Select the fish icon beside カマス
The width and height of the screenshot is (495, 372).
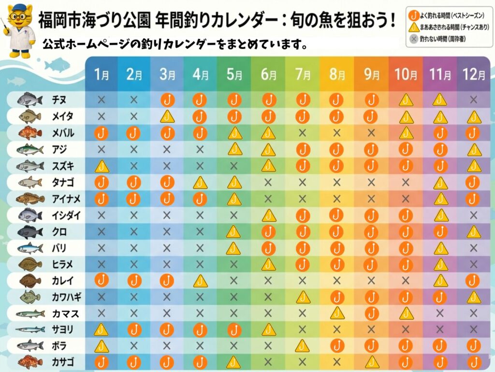pos(30,313)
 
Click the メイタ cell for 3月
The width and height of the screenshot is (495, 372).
pos(167,117)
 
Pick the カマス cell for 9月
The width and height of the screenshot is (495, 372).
pos(371,313)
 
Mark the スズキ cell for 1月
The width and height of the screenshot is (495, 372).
pos(102,166)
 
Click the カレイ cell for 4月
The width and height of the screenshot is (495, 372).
pos(200,280)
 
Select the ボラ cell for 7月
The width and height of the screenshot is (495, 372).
pos(303,346)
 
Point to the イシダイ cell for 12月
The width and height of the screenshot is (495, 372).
pos(474,215)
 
